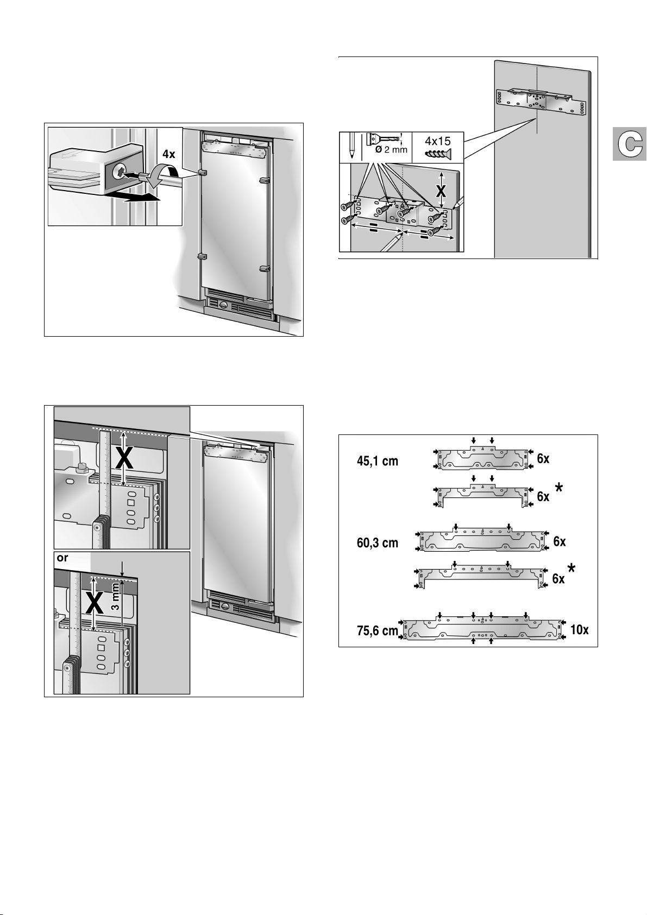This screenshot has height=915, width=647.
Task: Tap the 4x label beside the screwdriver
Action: click(x=169, y=154)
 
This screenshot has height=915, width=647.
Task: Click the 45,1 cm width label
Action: click(x=378, y=461)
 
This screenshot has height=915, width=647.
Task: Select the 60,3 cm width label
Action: click(x=378, y=542)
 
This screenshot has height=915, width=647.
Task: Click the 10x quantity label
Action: click(x=579, y=630)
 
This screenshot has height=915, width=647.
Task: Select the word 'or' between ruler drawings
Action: click(x=62, y=558)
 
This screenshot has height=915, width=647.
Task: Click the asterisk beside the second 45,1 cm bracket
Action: click(x=559, y=489)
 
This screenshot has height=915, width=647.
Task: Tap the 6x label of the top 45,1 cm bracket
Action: click(x=543, y=458)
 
